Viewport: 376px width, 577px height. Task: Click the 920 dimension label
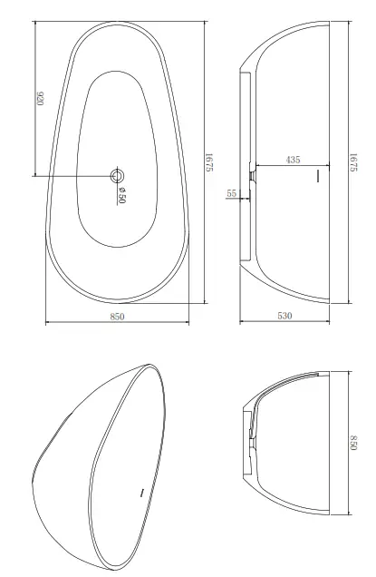[x=41, y=97]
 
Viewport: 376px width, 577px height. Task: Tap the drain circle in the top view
[x=117, y=175]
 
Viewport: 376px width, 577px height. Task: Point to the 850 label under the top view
[x=117, y=316]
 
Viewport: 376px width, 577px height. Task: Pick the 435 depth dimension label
[x=293, y=160]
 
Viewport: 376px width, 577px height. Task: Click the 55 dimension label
[x=232, y=193]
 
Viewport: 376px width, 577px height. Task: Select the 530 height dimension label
[x=285, y=316]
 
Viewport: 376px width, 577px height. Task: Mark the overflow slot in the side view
[x=318, y=176]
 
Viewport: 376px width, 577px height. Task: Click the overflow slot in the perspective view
[x=142, y=493]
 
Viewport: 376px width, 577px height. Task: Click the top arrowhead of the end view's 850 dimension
[x=347, y=372]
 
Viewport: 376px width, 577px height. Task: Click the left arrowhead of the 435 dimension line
[x=256, y=166]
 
